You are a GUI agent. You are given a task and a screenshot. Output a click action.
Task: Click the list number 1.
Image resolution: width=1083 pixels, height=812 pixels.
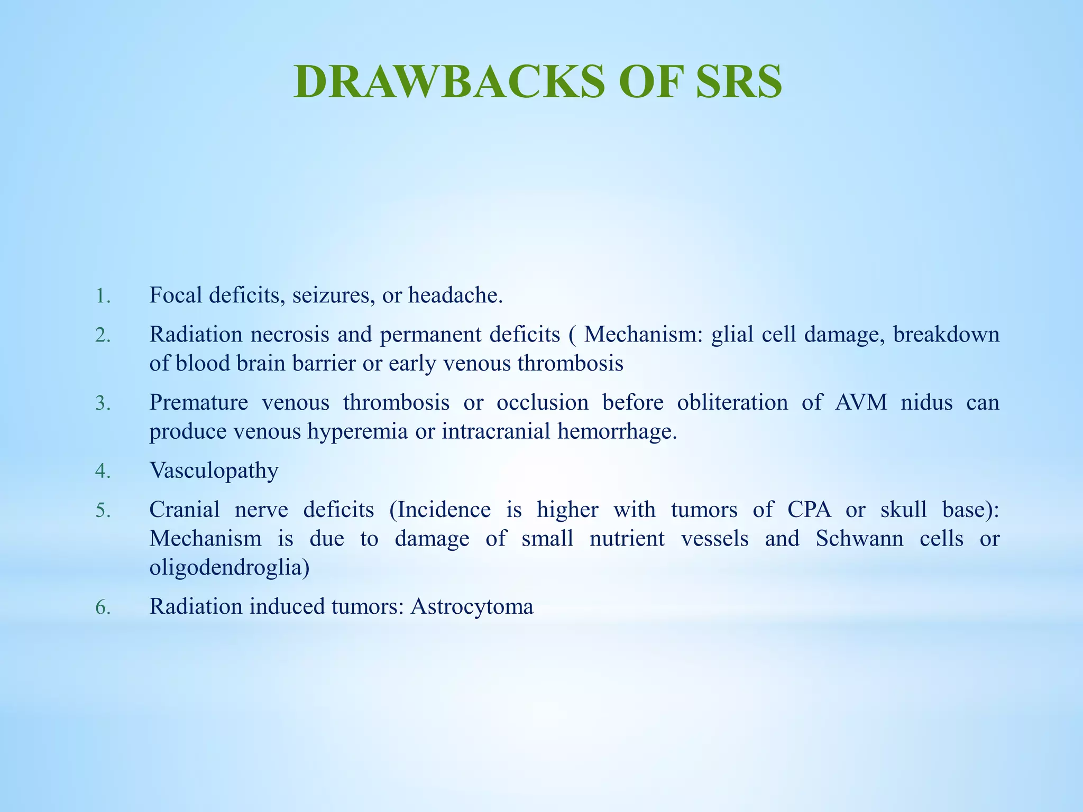[x=103, y=296]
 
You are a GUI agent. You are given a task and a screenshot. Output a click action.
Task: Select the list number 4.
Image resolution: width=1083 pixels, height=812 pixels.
[x=103, y=471]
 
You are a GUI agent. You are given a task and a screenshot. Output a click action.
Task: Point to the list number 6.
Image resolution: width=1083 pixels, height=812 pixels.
[x=103, y=607]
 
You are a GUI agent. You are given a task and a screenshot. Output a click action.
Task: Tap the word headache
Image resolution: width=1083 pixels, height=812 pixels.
[x=455, y=295]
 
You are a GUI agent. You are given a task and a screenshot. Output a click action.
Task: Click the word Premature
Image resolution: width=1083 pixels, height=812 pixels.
[x=199, y=403]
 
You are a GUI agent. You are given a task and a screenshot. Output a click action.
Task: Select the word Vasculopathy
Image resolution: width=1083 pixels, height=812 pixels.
[x=214, y=470]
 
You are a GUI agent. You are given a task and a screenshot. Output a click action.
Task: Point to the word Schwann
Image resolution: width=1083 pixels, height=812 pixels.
[x=859, y=539]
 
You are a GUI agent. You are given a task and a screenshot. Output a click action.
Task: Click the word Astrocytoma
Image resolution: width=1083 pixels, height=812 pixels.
[x=472, y=607]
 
